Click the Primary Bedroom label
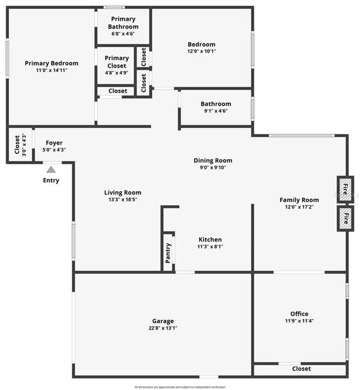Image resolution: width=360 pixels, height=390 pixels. [x=52, y=63]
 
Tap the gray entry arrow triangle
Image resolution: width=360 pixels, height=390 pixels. [x=51, y=169]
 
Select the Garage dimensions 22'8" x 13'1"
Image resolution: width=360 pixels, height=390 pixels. [x=163, y=328]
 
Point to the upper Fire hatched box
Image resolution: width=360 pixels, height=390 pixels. [x=345, y=189]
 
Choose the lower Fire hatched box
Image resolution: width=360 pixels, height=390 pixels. [x=345, y=219]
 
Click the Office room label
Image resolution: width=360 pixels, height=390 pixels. [x=299, y=314]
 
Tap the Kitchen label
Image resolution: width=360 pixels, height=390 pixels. [x=210, y=239]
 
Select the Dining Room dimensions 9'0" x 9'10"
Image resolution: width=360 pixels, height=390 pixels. [x=213, y=167]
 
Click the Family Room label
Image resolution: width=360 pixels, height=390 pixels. [x=299, y=200]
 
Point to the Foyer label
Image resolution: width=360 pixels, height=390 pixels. [x=54, y=143]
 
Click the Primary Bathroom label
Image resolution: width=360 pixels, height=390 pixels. [x=123, y=23]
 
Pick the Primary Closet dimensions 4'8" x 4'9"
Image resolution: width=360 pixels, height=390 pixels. [x=117, y=73]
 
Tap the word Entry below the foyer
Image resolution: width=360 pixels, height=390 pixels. [x=51, y=180]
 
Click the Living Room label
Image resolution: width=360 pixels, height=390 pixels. [x=123, y=192]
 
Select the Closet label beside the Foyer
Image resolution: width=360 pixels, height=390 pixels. [x=17, y=145]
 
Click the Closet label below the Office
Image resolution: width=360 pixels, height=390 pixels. [x=301, y=369]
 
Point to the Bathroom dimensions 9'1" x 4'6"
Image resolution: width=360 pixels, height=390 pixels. [x=216, y=111]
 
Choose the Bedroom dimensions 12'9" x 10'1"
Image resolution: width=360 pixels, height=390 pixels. [x=202, y=51]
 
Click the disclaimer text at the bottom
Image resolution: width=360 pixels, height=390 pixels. [x=180, y=387]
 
